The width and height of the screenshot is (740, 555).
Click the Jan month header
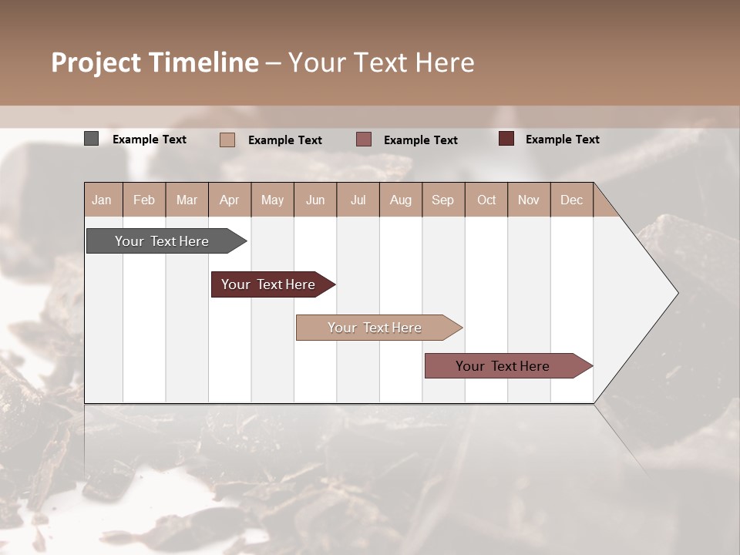tap(102, 200)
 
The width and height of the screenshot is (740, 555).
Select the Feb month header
tap(144, 200)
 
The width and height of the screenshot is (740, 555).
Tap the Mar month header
tap(187, 200)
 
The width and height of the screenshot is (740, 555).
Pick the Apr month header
tap(229, 200)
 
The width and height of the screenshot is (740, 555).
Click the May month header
tap(272, 200)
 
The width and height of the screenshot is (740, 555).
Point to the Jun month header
tap(315, 200)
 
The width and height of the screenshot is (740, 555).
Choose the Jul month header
tap(358, 200)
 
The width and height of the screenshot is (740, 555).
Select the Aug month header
tap(400, 200)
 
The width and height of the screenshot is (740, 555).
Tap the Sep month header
tap(442, 200)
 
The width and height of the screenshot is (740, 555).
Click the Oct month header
tap(486, 200)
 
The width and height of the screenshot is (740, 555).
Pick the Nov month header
tap(529, 200)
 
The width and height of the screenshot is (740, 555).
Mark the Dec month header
tap(571, 200)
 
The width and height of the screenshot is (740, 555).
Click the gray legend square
tap(91, 139)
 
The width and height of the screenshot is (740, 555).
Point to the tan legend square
tap(227, 140)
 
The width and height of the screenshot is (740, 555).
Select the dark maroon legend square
tap(506, 139)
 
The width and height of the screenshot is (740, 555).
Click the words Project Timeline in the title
tap(155, 62)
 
